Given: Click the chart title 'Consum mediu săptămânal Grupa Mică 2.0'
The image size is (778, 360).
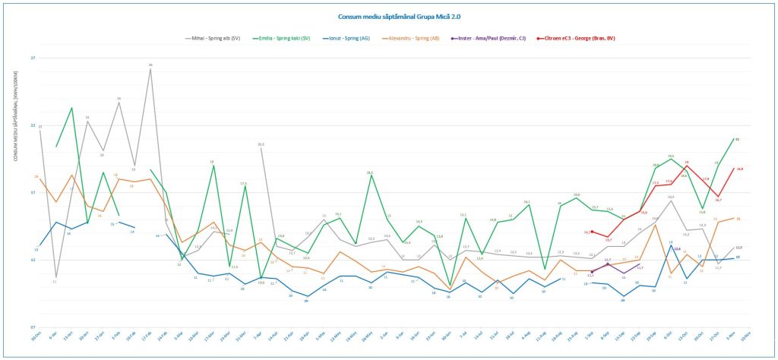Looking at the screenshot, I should (x=388, y=16).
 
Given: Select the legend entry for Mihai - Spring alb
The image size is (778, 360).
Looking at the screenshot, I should (x=214, y=38).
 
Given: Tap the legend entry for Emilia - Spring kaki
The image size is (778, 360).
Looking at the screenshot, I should (x=285, y=38).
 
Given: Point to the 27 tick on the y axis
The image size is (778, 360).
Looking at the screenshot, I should (x=33, y=58).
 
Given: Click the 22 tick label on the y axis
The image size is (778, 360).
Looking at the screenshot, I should (x=33, y=125).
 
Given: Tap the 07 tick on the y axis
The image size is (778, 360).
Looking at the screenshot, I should (x=33, y=327).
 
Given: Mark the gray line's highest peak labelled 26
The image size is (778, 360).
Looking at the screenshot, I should (x=150, y=70).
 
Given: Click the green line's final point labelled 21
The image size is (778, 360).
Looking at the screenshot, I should (x=734, y=139).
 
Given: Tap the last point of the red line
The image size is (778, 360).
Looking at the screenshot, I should (x=734, y=169).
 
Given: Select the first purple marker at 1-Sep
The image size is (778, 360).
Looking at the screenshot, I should (x=591, y=271).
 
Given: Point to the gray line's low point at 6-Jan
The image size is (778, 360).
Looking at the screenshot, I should (x=55, y=277).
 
